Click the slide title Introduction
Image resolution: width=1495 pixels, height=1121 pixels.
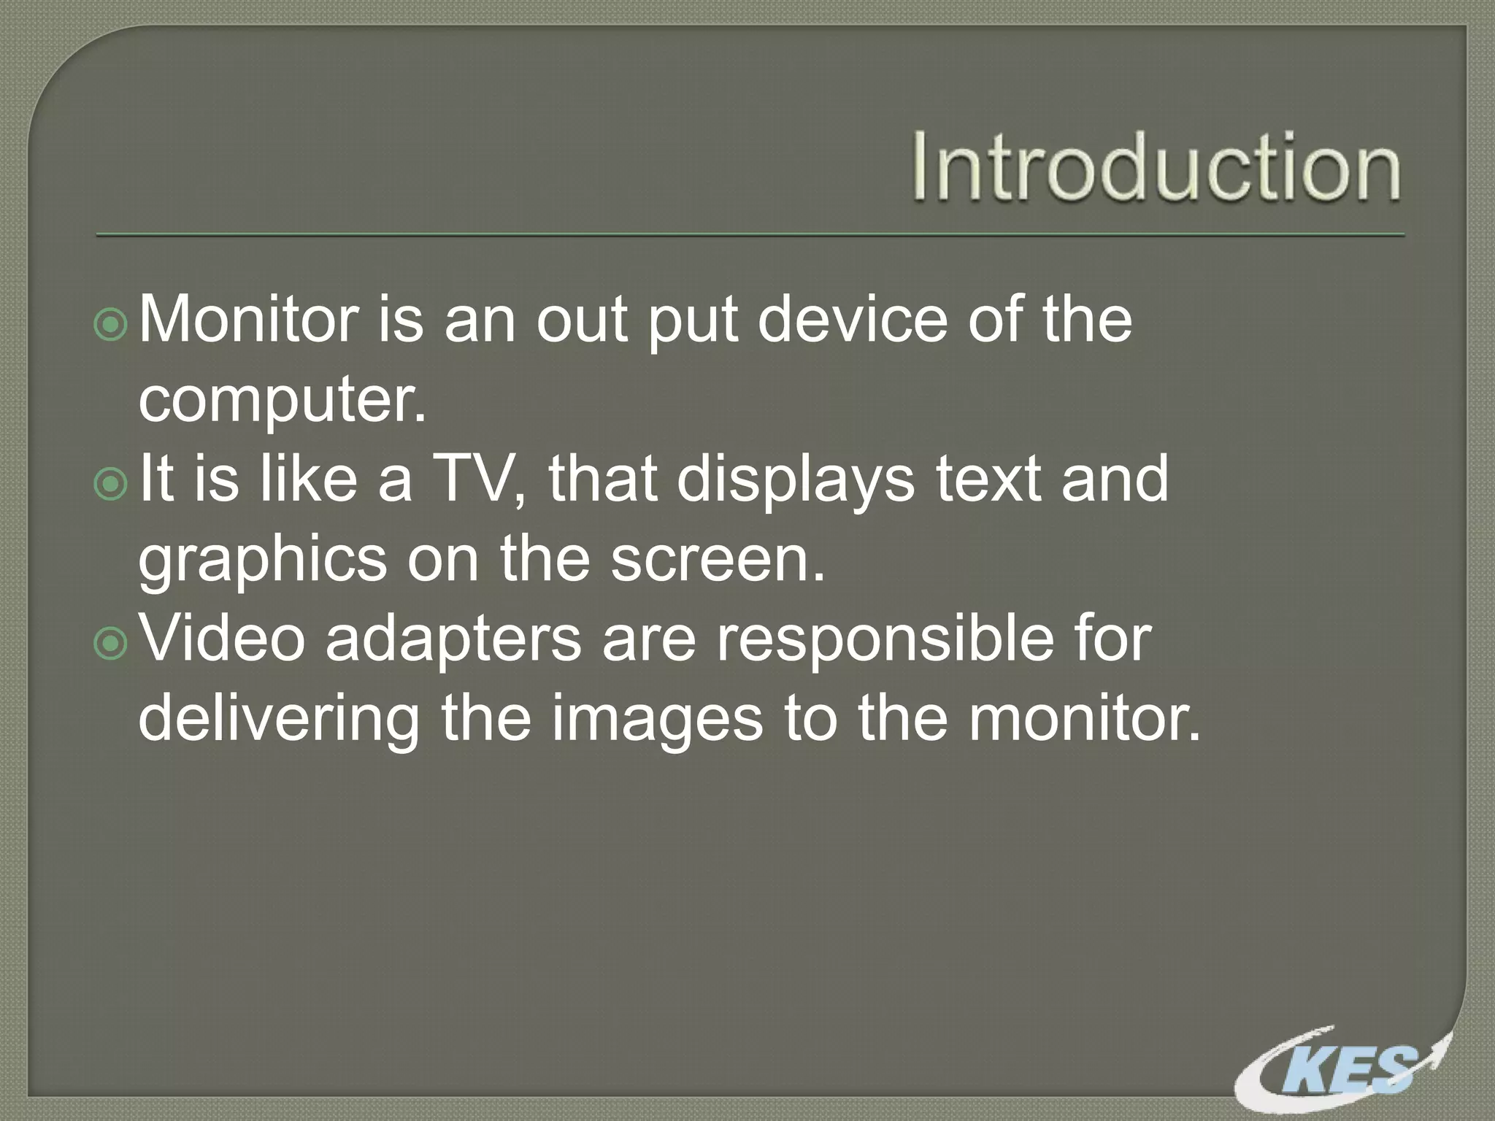(1156, 168)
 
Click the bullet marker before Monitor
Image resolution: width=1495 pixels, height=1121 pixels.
(112, 325)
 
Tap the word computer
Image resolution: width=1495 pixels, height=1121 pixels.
(281, 401)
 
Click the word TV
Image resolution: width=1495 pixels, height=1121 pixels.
(477, 479)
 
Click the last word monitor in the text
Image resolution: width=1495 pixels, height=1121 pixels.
(1084, 718)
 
